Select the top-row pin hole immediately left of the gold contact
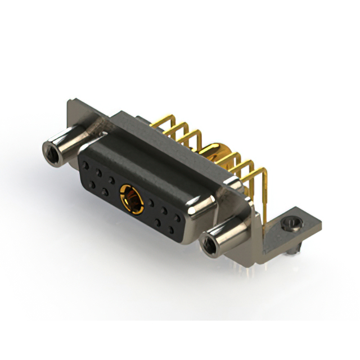pos(111,180)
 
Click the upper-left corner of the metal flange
pos(69,102)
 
